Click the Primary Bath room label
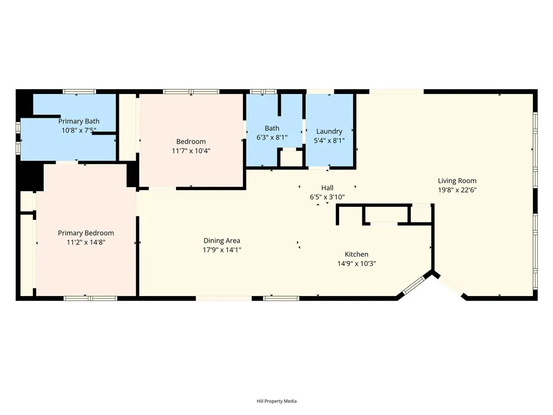[79, 122]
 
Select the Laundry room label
[329, 131]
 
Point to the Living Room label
[457, 181]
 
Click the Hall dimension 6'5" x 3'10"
[327, 197]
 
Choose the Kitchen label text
[356, 255]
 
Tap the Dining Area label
[221, 240]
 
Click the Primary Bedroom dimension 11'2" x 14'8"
[86, 243]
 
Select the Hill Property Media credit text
[276, 401]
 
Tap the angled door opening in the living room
[449, 285]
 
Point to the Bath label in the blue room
[272, 128]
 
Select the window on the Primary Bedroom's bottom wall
[90, 298]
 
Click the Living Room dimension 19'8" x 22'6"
[457, 190]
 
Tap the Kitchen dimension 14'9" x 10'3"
[356, 264]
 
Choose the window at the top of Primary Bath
[79, 92]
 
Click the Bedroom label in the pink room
[191, 142]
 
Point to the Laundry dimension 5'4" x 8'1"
[329, 140]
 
